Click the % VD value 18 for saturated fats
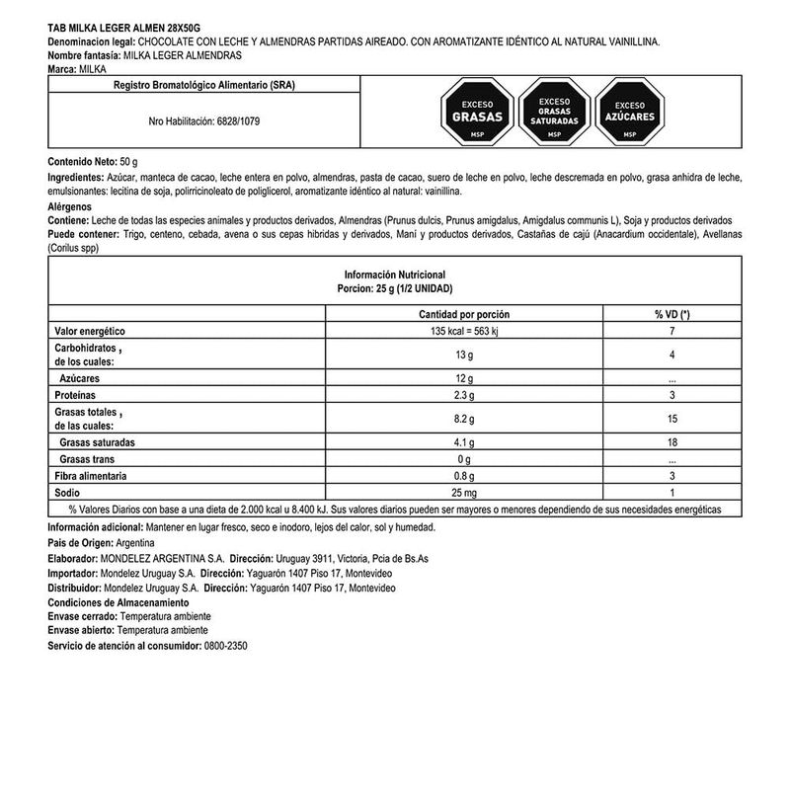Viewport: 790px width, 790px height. pyautogui.click(x=671, y=443)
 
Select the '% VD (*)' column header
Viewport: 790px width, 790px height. pyautogui.click(x=671, y=313)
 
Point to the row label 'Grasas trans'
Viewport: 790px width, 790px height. pyautogui.click(x=89, y=459)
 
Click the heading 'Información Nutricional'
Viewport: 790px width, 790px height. pyautogui.click(x=395, y=274)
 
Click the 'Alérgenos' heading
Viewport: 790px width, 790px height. pyautogui.click(x=69, y=205)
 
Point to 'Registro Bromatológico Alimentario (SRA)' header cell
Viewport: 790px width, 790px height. pyautogui.click(x=203, y=86)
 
